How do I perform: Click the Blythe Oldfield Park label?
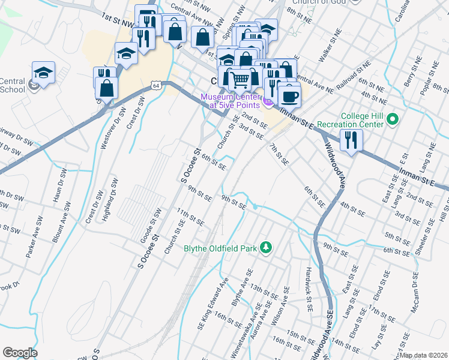point(220,247)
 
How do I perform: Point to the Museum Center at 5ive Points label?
point(231,101)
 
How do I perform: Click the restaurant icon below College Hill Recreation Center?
point(349,139)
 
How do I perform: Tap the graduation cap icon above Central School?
point(43,73)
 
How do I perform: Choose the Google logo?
point(19,353)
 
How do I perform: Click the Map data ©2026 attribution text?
point(423,355)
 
